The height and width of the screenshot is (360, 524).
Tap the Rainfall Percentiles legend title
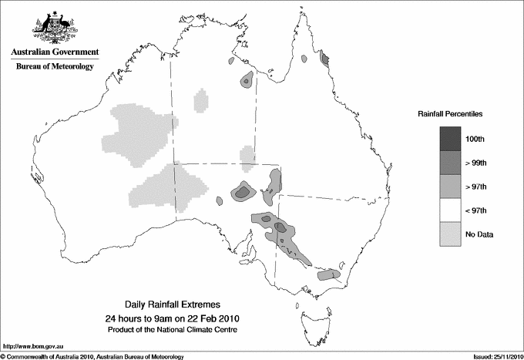[451, 113]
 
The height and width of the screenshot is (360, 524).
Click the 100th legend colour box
[450, 138]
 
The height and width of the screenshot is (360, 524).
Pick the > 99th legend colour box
[450, 162]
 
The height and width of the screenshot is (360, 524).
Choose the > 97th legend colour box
[450, 186]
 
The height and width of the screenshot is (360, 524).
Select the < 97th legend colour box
[450, 210]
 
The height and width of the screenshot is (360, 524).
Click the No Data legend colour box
[450, 234]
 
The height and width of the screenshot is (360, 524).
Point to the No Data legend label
[479, 234]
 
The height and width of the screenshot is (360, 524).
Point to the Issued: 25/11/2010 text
[493, 356]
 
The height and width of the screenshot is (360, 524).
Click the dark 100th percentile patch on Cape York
[324, 59]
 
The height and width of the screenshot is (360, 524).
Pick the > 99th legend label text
[477, 162]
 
